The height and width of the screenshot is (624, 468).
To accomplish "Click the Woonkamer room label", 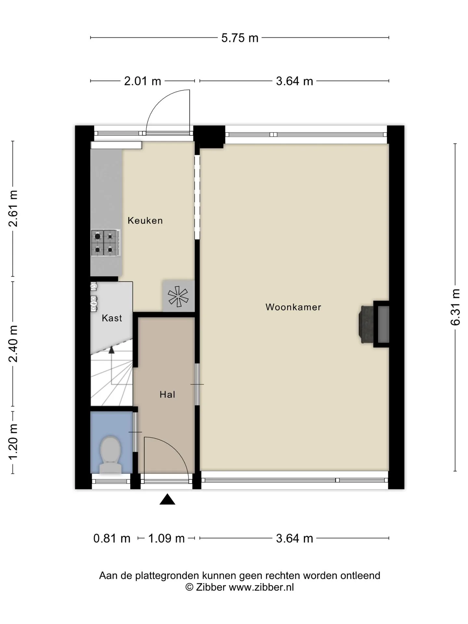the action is click(293, 307).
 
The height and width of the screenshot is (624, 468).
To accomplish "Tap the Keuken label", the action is click(145, 221).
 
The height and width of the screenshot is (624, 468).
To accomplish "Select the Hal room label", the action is click(167, 395).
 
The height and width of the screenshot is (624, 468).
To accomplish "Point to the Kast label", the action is click(112, 318).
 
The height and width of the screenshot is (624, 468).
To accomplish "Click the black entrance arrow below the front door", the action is click(167, 499).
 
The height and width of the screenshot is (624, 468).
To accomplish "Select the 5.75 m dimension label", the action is click(240, 38).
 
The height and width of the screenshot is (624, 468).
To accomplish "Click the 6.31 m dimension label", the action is click(455, 307).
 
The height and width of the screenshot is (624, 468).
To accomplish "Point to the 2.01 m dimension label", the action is click(143, 81).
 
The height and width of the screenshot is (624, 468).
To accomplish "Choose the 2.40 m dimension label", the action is click(13, 344).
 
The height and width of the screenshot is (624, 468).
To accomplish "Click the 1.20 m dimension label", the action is click(13, 442).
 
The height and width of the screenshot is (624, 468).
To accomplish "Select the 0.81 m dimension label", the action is click(112, 539).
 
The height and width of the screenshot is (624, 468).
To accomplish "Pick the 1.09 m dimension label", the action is click(166, 539).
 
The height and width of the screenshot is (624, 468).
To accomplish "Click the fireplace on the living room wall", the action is click(374, 324).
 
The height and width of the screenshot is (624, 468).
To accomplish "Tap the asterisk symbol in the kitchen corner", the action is click(178, 296).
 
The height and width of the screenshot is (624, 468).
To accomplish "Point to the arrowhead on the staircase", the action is click(111, 350).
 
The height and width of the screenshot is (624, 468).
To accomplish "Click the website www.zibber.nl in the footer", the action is click(261, 587).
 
